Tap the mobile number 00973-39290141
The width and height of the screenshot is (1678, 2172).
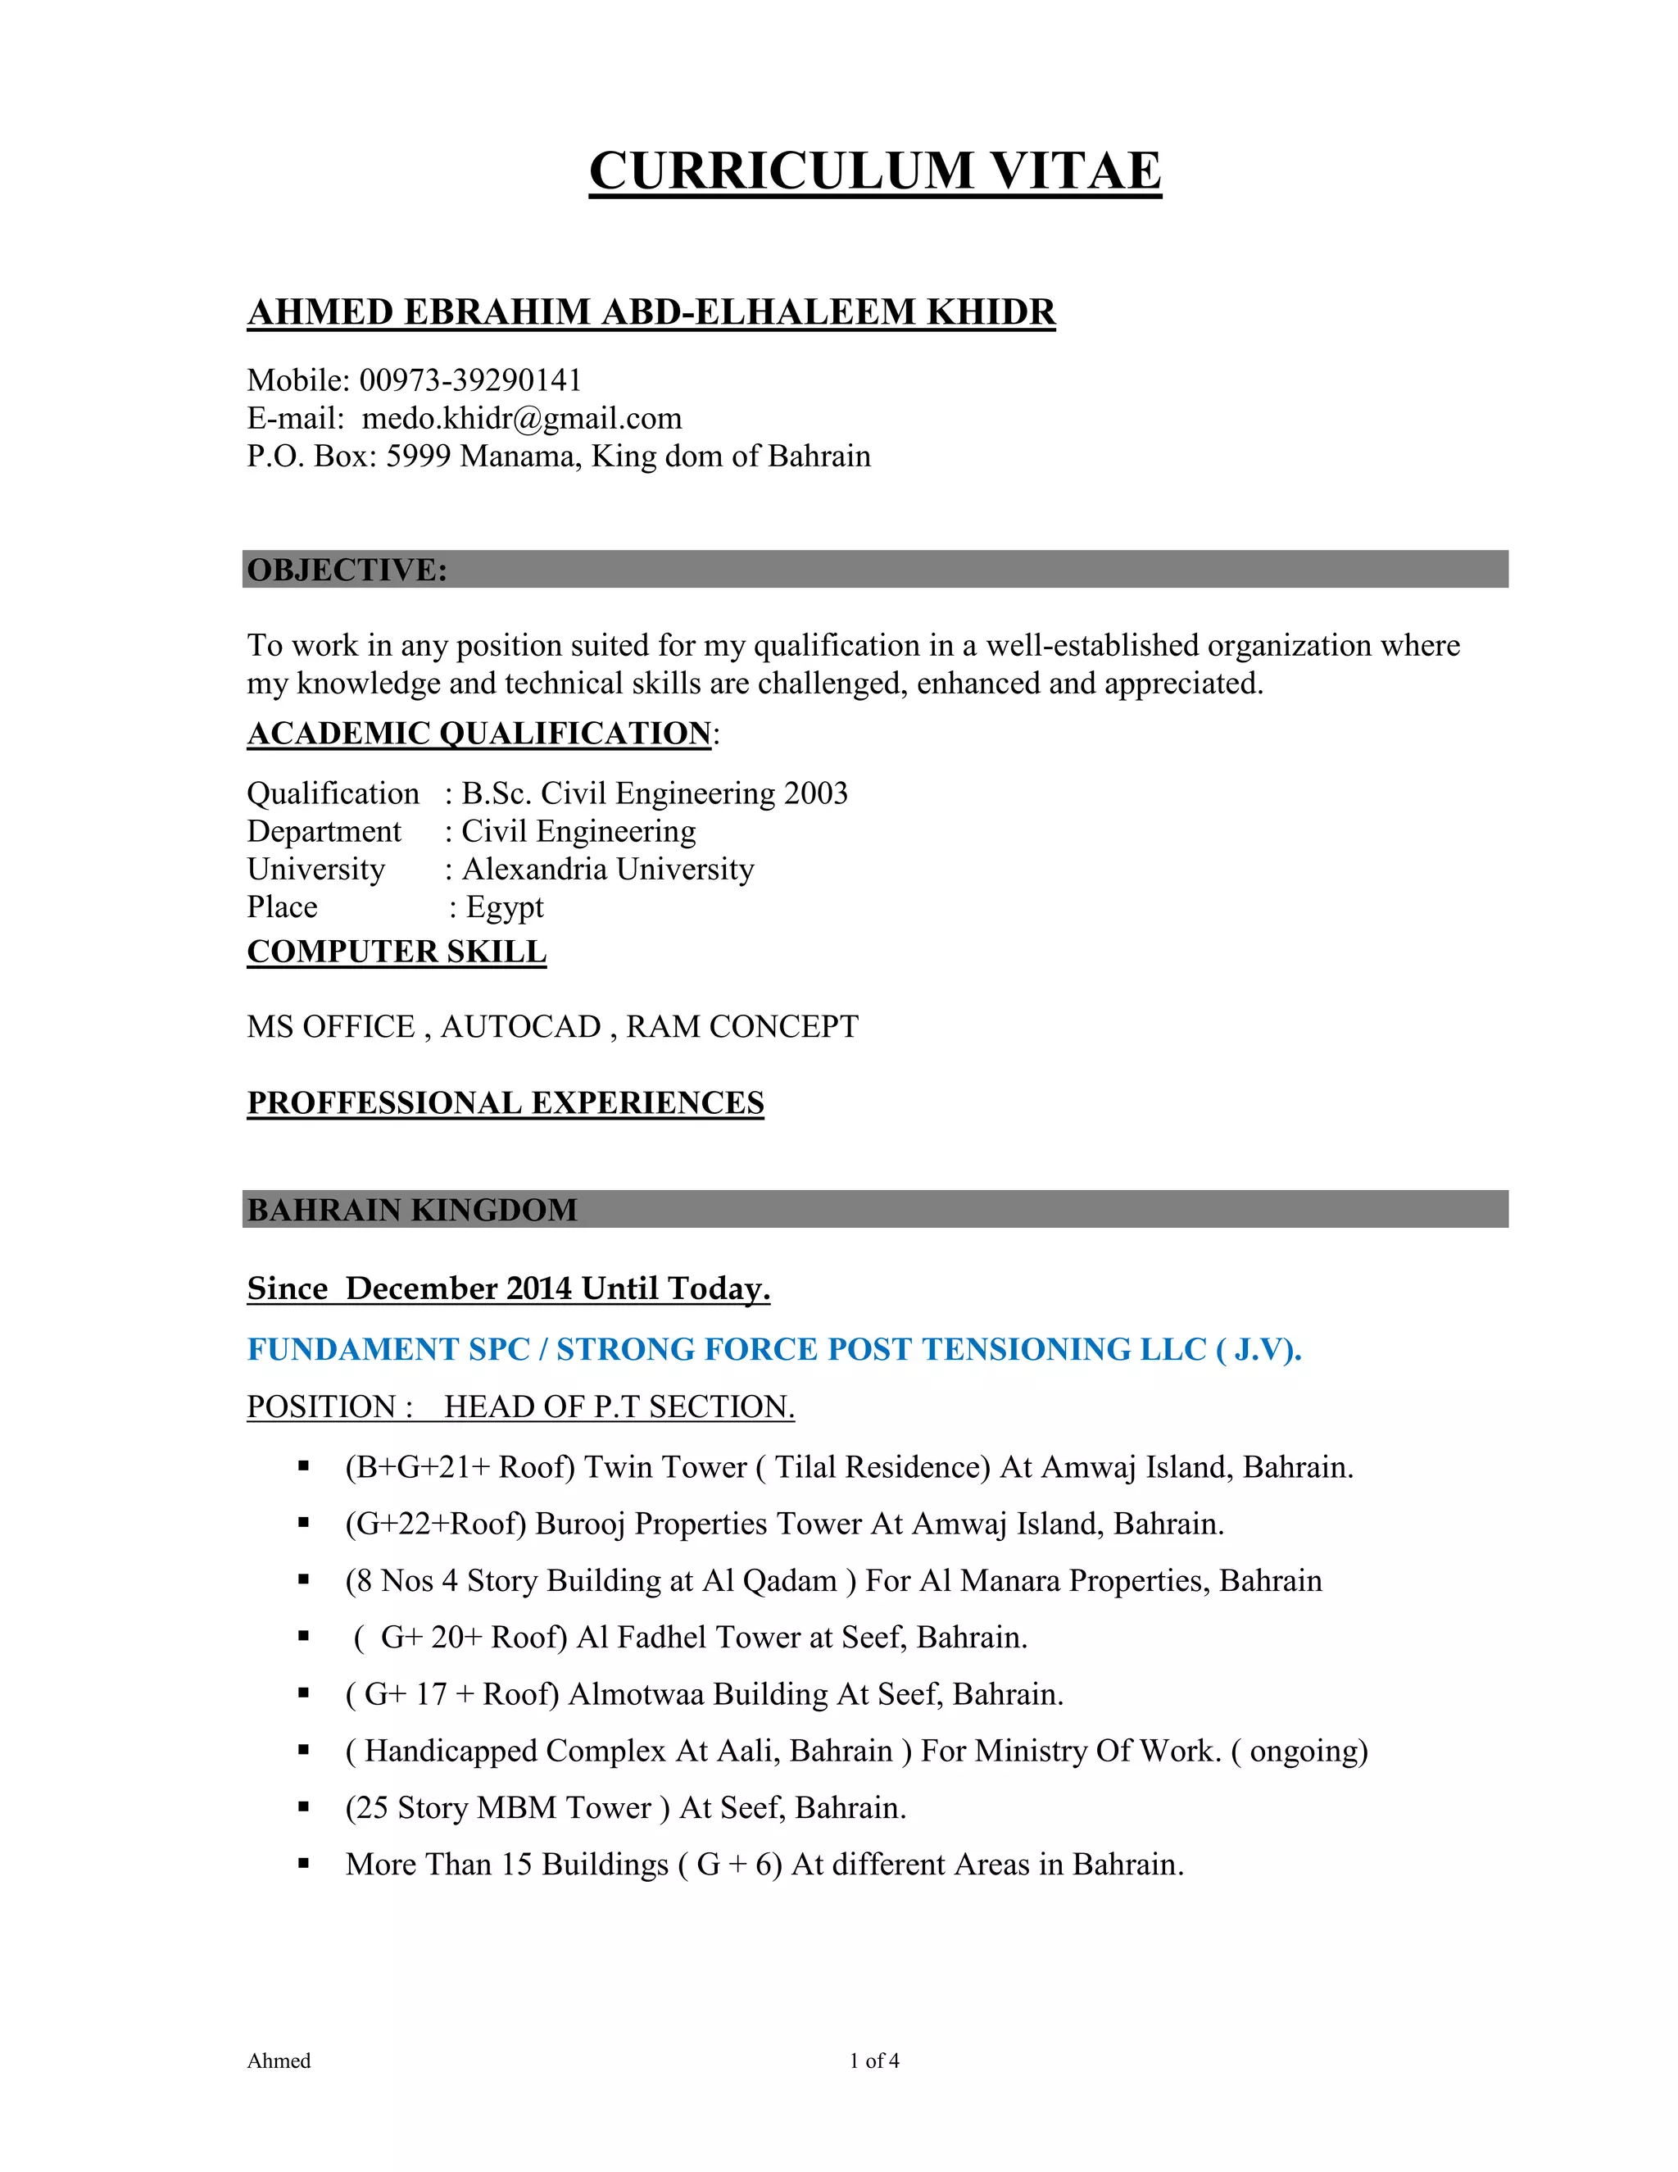(x=470, y=380)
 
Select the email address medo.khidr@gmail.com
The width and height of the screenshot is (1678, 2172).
(x=522, y=418)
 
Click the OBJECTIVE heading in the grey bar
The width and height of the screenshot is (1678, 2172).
(x=347, y=570)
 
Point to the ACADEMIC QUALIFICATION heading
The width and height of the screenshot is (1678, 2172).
(x=479, y=733)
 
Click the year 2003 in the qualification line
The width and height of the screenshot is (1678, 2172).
(x=816, y=793)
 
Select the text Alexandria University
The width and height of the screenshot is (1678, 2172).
(x=607, y=869)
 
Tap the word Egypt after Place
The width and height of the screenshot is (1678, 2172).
(x=505, y=907)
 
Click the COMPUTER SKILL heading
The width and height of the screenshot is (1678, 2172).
(x=397, y=952)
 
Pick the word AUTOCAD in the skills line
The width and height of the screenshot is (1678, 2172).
(x=521, y=1026)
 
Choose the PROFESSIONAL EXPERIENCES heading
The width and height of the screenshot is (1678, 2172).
(x=505, y=1103)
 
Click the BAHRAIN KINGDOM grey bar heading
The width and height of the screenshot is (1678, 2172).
(x=411, y=1209)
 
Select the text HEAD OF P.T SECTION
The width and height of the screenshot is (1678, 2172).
(x=619, y=1406)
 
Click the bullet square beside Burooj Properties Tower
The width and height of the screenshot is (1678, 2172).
(x=304, y=1523)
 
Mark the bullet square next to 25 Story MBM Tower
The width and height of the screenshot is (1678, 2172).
(x=304, y=1807)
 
